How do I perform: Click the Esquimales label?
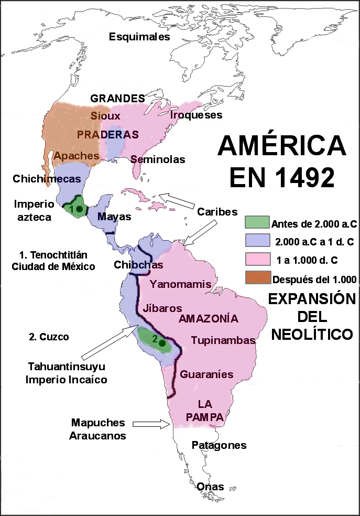139,37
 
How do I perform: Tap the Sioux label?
105,116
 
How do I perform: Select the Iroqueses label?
197,115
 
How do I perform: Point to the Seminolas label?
158,159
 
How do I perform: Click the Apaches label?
77,156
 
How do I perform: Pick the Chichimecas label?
47,179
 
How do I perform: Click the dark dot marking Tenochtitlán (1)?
79,209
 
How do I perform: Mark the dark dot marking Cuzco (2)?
162,343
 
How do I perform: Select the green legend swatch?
257,222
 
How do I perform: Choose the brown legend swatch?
257,278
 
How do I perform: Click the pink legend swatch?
257,260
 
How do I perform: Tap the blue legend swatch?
257,241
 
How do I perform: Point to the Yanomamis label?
181,284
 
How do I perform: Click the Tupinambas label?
223,340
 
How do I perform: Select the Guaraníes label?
206,374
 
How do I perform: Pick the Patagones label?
219,445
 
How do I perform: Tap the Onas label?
211,487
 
